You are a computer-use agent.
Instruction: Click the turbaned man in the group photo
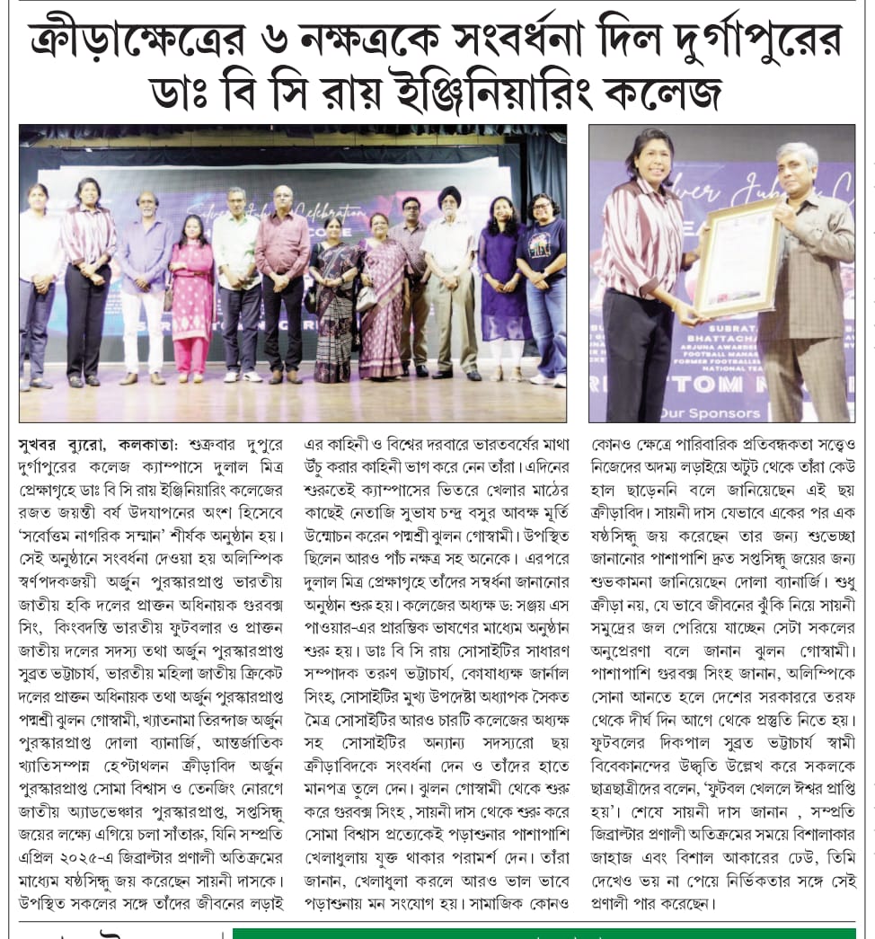(448, 279)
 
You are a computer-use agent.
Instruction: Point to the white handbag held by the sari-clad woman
(367, 299)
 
